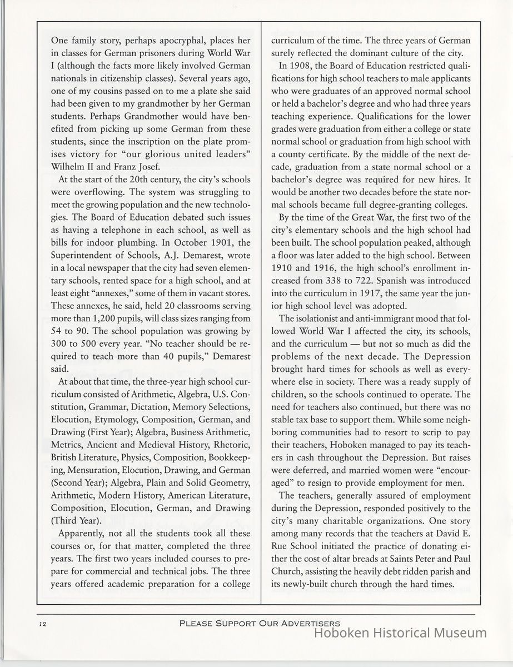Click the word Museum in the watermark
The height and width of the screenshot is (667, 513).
click(x=458, y=633)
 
